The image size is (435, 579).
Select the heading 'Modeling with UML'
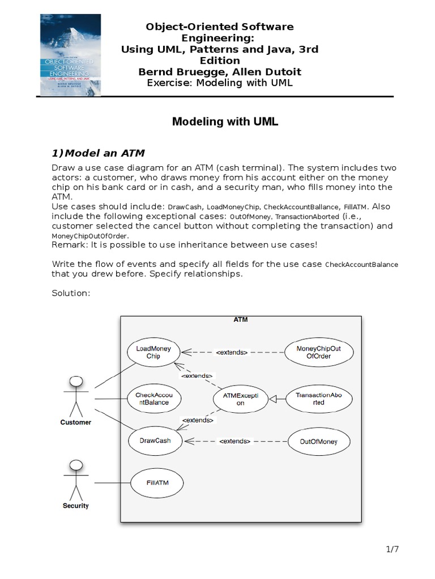(225, 122)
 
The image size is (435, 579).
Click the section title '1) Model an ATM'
(98, 153)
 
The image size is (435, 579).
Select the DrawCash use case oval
(155, 440)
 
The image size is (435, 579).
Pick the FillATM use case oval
(157, 483)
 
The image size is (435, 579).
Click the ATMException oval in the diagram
(240, 399)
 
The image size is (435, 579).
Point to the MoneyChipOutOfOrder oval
(319, 352)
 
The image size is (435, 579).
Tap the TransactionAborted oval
(319, 399)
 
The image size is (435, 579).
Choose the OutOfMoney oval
(319, 442)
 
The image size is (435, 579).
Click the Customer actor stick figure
(76, 396)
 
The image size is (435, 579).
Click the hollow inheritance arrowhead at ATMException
(272, 399)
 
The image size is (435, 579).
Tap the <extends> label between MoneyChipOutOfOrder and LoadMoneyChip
(232, 352)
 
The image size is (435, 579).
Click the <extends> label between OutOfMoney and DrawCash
(233, 441)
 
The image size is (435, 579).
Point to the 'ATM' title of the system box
(240, 319)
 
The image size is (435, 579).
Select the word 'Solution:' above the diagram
(71, 293)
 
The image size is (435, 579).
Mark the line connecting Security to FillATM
(112, 483)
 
